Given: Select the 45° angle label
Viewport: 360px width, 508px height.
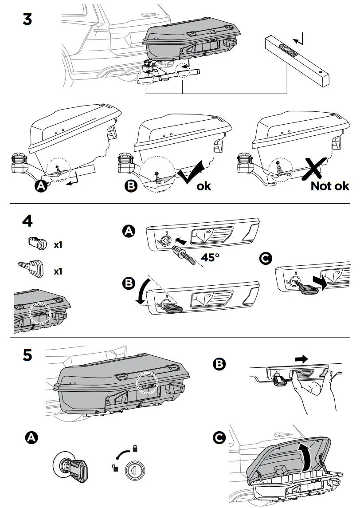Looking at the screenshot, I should [x=210, y=257].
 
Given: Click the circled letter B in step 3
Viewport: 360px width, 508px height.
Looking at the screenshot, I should [x=130, y=185].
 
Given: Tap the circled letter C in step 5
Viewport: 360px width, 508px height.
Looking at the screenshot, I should [x=219, y=438].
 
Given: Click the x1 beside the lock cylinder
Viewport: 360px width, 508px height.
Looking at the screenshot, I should [x=58, y=244].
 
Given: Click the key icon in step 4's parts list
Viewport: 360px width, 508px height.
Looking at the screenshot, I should [x=31, y=268].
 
